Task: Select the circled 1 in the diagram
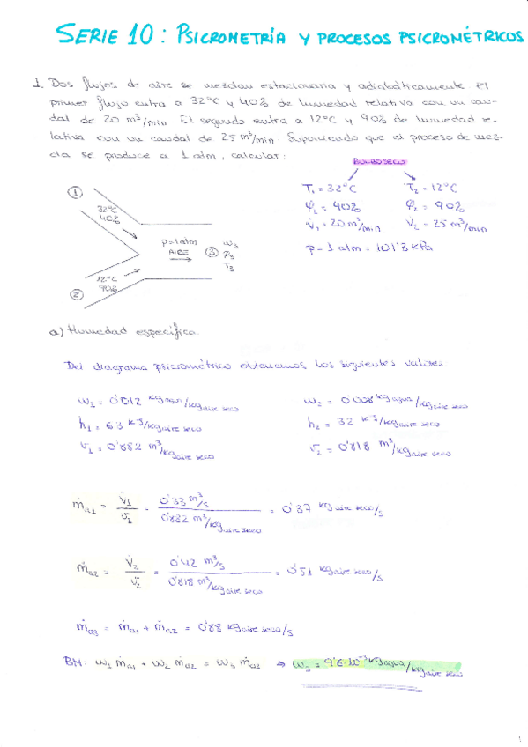pos(77,191)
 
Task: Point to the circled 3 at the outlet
pos(211,251)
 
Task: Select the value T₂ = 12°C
pos(431,187)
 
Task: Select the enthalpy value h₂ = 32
pos(336,422)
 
